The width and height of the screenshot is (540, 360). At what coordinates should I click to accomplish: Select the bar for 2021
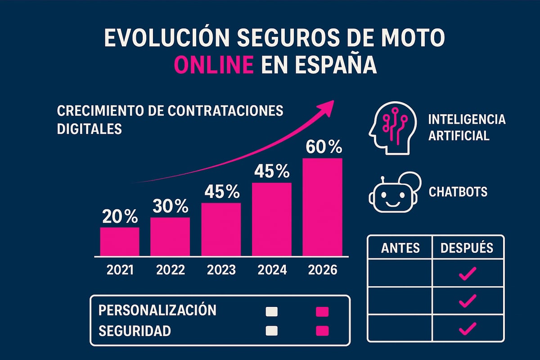tap(119, 241)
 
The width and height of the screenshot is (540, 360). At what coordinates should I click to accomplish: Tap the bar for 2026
tap(322, 206)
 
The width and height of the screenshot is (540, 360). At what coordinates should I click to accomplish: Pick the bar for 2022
tap(170, 236)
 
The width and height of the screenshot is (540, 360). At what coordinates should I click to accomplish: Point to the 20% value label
tap(119, 217)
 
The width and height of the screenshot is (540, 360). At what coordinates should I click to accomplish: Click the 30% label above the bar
tap(170, 206)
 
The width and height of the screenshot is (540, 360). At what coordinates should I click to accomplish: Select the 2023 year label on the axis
tap(221, 270)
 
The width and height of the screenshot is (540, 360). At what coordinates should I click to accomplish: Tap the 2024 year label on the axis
tap(272, 270)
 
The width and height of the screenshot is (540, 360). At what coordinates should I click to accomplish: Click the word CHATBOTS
tap(458, 192)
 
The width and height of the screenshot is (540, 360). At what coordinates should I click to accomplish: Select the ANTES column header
tap(400, 247)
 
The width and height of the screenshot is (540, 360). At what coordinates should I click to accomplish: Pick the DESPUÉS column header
tap(467, 247)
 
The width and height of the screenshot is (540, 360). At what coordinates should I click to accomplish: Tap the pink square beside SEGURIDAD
tap(322, 331)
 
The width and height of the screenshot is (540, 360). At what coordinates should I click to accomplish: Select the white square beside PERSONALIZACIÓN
tap(272, 311)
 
